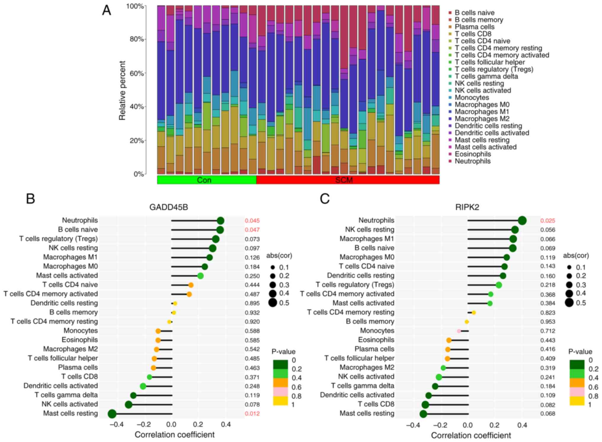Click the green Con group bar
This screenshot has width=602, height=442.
pos(206,180)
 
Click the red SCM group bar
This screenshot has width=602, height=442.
pos(348,180)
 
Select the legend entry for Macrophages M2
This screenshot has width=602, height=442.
pos(482,119)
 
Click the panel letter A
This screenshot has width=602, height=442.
pos(107,11)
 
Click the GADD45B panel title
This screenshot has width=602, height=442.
pos(169,207)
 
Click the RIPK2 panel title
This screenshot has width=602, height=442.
pos(467,207)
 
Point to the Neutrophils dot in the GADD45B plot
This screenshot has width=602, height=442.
pos(220,221)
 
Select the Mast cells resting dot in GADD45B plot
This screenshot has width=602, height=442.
pos(112,414)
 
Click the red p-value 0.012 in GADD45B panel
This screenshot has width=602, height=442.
pos(252,414)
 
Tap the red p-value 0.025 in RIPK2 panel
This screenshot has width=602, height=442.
pos(547,221)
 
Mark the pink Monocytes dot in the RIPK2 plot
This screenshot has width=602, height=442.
pos(459,331)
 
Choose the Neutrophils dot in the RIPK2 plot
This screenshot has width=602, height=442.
pos(522,221)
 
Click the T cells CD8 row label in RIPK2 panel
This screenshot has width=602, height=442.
pos(376,404)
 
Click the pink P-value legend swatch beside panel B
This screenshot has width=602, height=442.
pos(280,392)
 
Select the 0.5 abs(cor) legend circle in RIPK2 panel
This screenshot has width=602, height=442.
pos(569,303)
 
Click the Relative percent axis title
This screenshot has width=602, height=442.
pos(122,91)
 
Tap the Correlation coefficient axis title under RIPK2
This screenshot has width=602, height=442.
pos(471,435)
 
